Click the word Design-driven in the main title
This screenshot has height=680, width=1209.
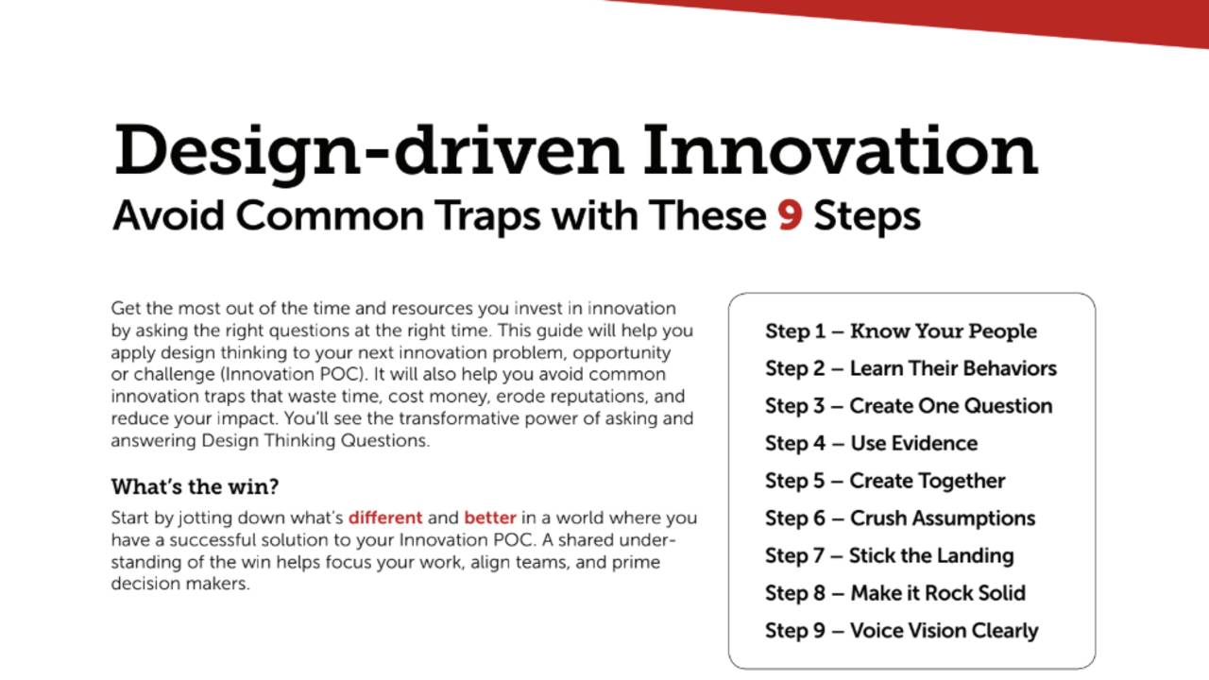367,150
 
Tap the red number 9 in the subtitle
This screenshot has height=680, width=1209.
790,216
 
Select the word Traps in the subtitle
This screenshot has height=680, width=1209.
490,216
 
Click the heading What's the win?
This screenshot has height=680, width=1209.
195,487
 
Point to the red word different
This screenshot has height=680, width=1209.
384,518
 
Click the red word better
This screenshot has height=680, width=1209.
490,518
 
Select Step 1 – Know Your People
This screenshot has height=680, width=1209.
900,331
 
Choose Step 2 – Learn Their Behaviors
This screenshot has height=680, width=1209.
911,368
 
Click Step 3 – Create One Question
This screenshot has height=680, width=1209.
908,406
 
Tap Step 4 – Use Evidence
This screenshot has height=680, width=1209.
871,444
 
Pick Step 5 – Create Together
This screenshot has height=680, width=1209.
885,481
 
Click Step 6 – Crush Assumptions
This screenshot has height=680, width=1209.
899,518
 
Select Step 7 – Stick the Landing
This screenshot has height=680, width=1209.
889,555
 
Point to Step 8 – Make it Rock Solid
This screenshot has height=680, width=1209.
894,593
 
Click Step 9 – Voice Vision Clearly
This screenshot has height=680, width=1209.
901,631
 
